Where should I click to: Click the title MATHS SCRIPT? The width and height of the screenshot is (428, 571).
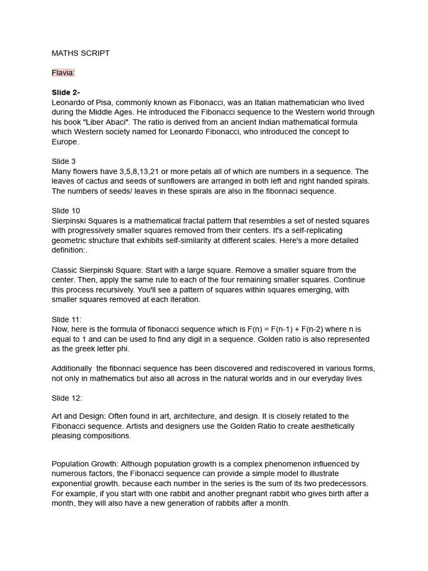pyautogui.click(x=80, y=53)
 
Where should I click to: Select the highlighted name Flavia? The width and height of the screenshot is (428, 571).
pyautogui.click(x=63, y=72)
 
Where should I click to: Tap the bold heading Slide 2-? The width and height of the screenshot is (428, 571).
pyautogui.click(x=66, y=93)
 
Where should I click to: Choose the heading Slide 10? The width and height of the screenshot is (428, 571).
pyautogui.click(x=66, y=211)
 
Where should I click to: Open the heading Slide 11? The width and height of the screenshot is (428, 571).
pyautogui.click(x=66, y=320)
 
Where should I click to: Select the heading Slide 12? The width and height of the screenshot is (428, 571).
pyautogui.click(x=67, y=398)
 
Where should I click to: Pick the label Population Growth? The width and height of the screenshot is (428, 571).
pyautogui.click(x=84, y=464)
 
